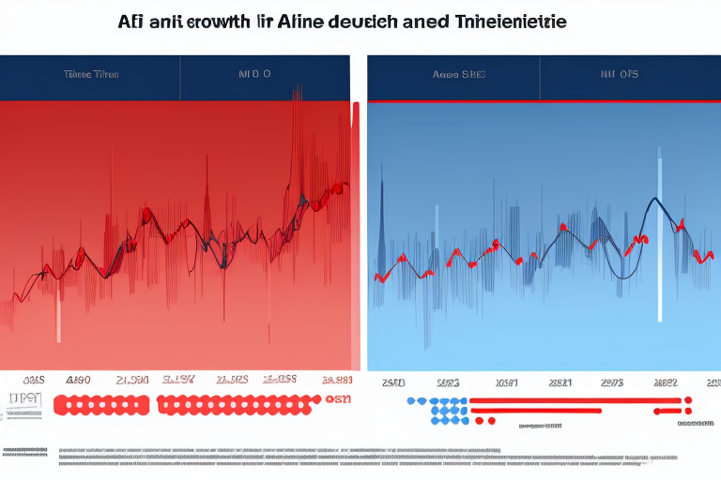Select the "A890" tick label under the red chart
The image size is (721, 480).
click(x=78, y=382)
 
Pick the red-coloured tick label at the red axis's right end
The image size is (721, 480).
click(x=335, y=382)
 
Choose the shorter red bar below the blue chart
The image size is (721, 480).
click(x=573, y=411)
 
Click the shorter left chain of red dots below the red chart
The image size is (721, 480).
click(x=101, y=405)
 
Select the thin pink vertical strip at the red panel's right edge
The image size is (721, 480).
click(x=355, y=234)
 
